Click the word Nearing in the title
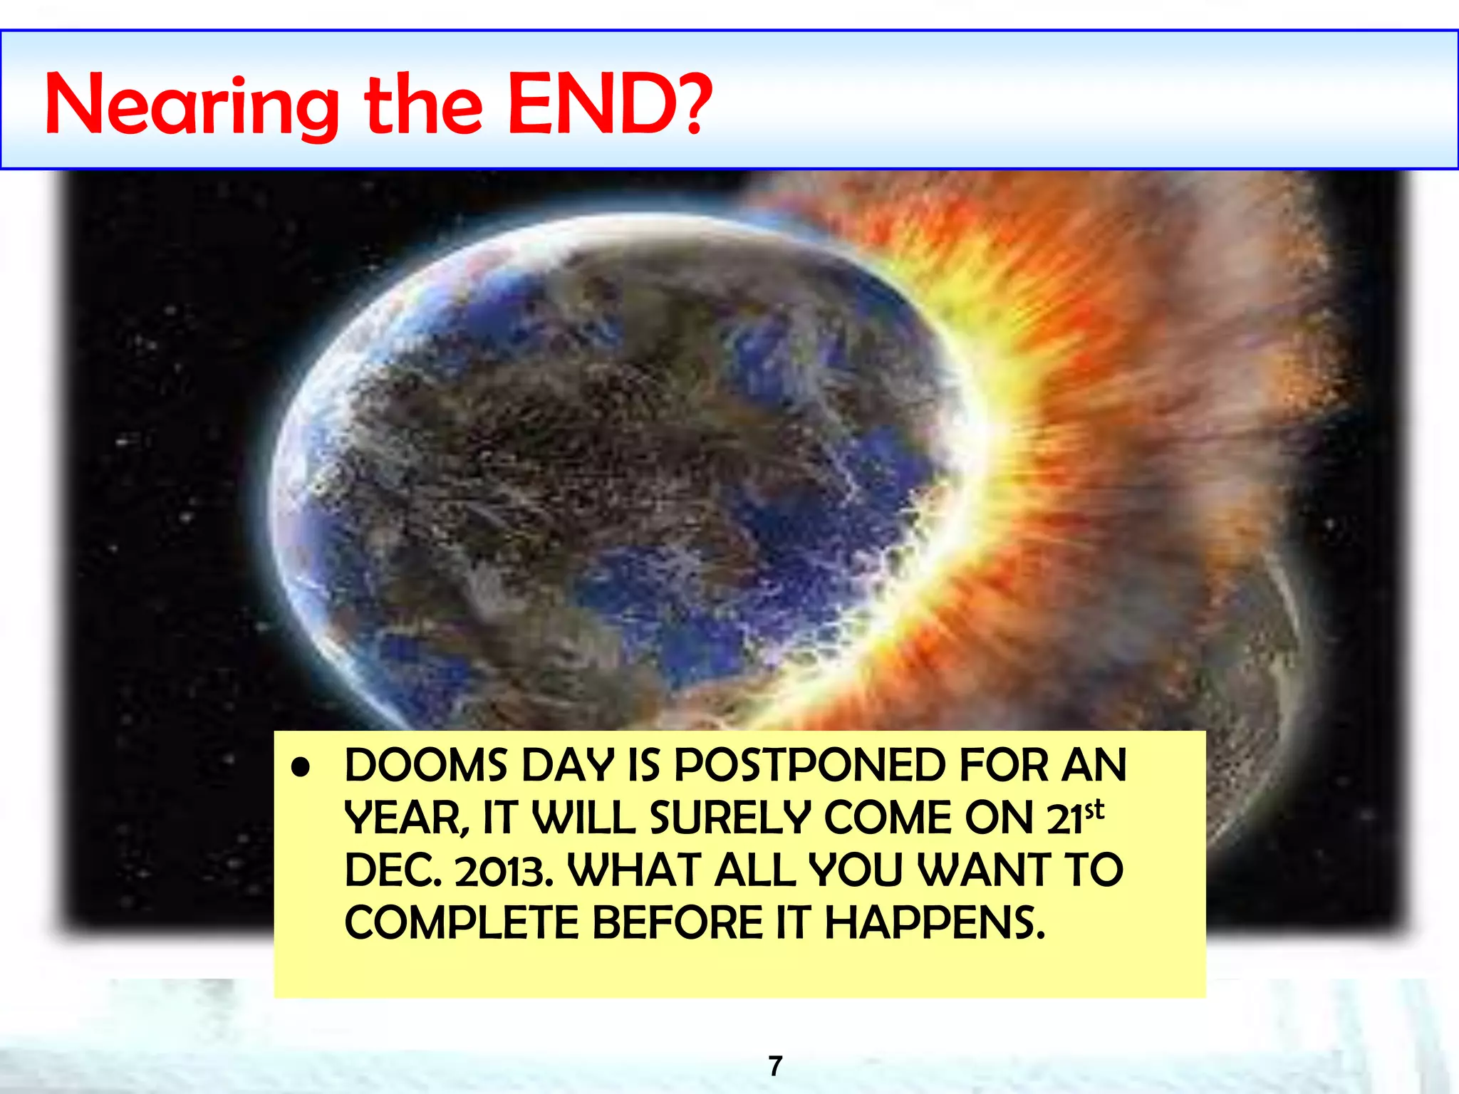pyautogui.click(x=191, y=107)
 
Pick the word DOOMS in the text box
pyautogui.click(x=425, y=766)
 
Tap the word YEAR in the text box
pyautogui.click(x=405, y=819)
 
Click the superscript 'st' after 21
pyautogui.click(x=1095, y=811)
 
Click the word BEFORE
pyautogui.click(x=678, y=924)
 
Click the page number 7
pyautogui.click(x=776, y=1066)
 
